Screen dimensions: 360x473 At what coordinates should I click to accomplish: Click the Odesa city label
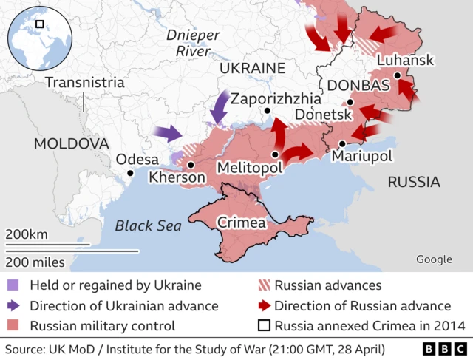(x=137, y=160)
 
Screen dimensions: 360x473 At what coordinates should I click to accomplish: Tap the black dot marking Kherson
(x=191, y=166)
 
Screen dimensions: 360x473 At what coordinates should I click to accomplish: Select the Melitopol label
(x=250, y=169)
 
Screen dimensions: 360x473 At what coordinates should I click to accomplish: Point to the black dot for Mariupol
(x=342, y=144)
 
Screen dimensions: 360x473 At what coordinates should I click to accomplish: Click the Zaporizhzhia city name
(x=276, y=98)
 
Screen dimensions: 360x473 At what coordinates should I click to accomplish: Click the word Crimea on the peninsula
(x=242, y=223)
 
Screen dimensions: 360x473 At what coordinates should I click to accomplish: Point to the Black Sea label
(x=148, y=226)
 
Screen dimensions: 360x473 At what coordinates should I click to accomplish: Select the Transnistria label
(x=85, y=82)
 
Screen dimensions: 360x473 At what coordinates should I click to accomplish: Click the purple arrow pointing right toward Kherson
(x=168, y=134)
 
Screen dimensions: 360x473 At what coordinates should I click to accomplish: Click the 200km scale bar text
(x=27, y=234)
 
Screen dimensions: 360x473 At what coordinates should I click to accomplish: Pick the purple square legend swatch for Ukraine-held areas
(x=13, y=285)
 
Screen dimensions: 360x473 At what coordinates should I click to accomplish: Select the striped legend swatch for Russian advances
(x=262, y=285)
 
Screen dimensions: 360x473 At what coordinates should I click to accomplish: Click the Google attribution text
(x=434, y=259)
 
